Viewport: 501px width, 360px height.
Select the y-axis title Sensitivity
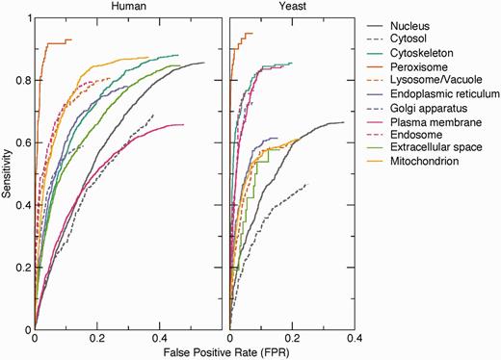pyautogui.click(x=8, y=173)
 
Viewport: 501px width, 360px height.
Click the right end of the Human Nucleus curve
pyautogui.click(x=204, y=63)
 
